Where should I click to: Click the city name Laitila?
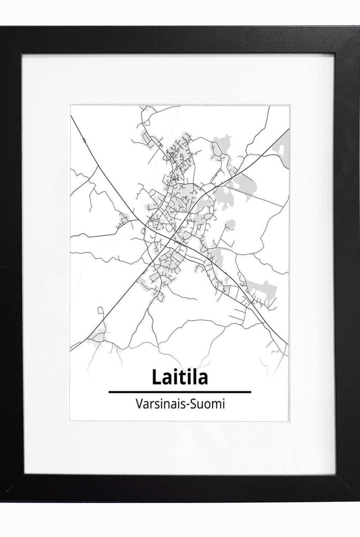click(180, 377)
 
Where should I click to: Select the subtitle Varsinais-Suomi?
click(180, 404)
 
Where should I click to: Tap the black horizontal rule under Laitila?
click(180, 392)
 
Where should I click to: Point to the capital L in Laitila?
click(156, 377)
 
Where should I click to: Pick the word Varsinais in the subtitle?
click(159, 404)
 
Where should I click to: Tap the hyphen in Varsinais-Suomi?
click(188, 405)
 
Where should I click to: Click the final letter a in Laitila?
click(202, 379)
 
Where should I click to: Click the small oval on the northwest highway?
click(85, 140)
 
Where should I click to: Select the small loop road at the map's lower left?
click(100, 310)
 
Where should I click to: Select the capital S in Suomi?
click(194, 404)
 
